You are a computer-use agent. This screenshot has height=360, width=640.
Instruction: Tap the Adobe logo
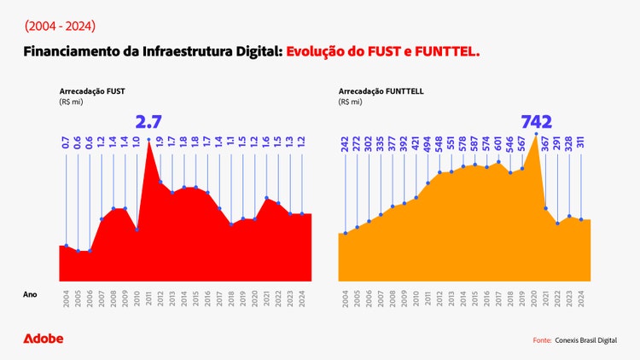tap(43, 339)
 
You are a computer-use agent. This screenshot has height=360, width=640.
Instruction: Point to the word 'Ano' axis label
tap(30, 294)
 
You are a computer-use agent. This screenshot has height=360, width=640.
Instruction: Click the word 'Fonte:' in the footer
tap(542, 340)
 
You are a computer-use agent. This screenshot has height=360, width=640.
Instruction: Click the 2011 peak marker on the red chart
tap(149, 139)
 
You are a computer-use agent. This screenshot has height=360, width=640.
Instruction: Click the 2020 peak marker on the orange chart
tap(536, 134)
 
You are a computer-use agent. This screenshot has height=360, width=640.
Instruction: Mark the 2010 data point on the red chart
tap(137, 229)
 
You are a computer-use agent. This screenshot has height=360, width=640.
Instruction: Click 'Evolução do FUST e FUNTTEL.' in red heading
tap(383, 53)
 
